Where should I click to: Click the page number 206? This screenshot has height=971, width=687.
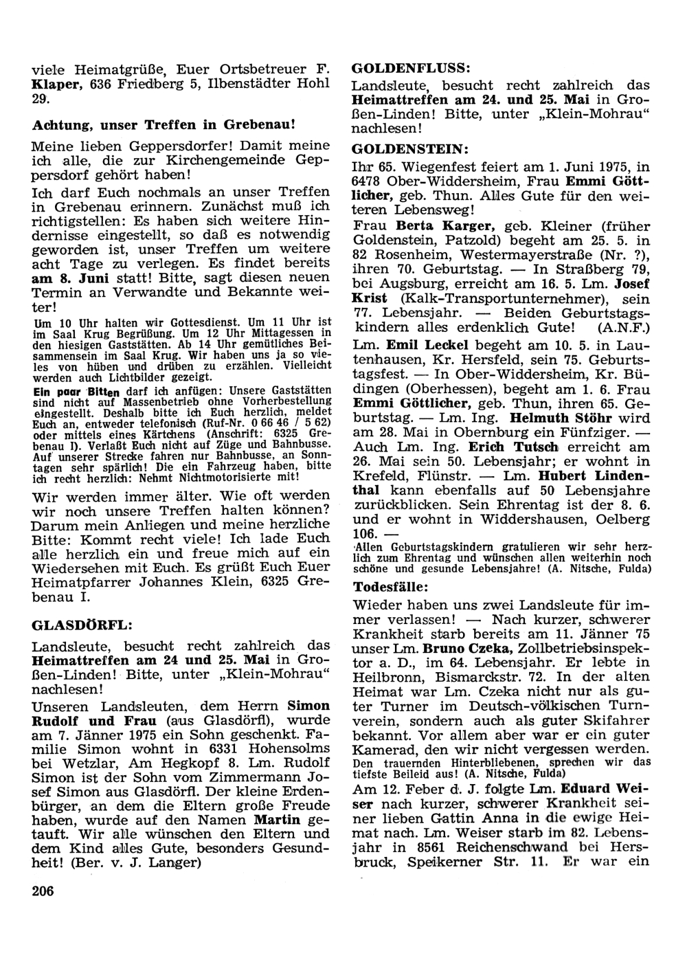(x=43, y=891)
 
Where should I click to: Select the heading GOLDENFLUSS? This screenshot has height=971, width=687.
(x=410, y=69)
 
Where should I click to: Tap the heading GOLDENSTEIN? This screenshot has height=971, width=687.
(x=410, y=148)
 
